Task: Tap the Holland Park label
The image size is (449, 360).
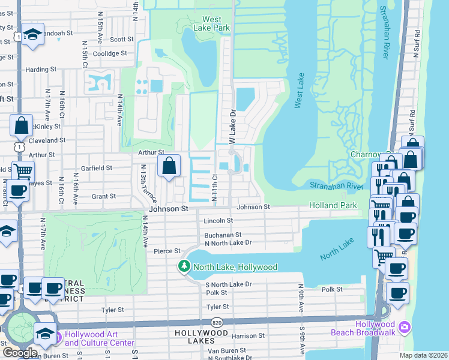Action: (x=333, y=205)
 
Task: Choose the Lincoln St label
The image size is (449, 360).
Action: (x=218, y=221)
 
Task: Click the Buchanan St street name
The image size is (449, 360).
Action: (x=223, y=235)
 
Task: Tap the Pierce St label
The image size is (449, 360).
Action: (x=167, y=251)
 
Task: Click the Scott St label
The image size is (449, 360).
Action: (x=121, y=39)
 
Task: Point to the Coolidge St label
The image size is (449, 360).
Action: (x=110, y=53)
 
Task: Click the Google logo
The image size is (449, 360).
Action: (x=19, y=352)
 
